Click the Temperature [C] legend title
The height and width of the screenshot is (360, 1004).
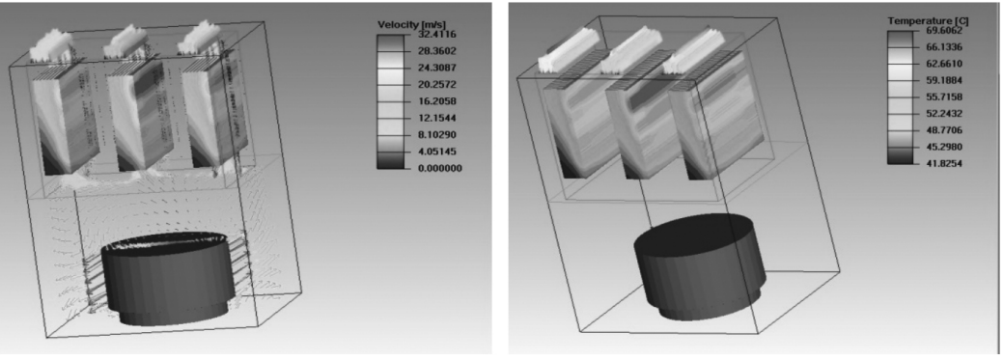pyautogui.click(x=928, y=21)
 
